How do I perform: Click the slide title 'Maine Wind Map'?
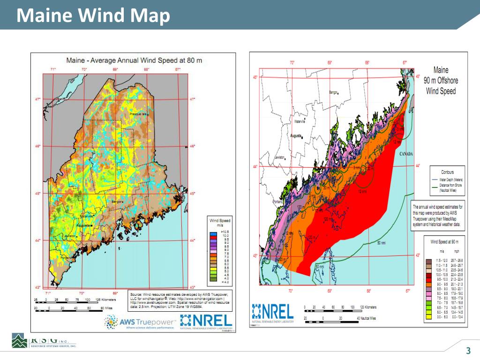93,15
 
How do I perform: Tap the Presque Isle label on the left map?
139,114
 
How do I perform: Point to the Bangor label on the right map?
333,92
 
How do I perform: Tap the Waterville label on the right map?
300,121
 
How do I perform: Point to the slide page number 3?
468,351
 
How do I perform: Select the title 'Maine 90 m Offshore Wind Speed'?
441,80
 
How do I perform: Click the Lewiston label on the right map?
280,157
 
